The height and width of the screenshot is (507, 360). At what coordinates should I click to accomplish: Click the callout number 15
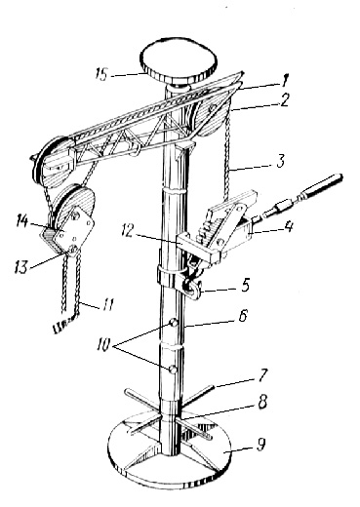(101, 74)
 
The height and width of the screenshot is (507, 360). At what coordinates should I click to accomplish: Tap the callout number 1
(284, 80)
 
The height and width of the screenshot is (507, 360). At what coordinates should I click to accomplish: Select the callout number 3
(280, 162)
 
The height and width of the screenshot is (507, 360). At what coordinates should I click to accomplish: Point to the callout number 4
(288, 225)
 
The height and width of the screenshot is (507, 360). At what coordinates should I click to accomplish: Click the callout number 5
(244, 285)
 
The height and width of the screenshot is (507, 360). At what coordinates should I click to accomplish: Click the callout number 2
(284, 100)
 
